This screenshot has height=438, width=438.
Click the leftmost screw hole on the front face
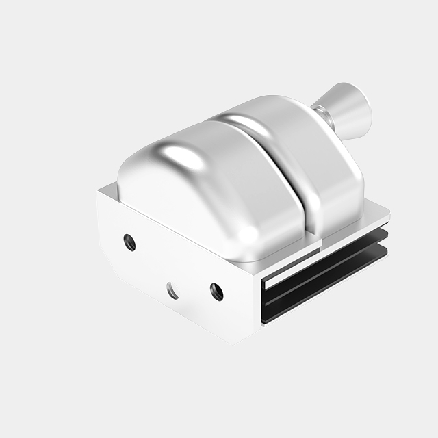click(x=129, y=242)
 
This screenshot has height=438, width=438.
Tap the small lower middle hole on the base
click(x=173, y=292)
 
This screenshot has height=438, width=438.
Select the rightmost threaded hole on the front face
click(x=216, y=292)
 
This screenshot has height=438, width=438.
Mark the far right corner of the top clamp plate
click(x=388, y=214)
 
